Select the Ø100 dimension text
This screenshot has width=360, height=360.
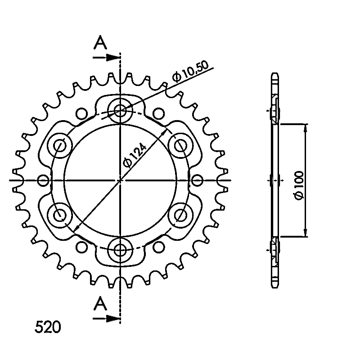point(299,185)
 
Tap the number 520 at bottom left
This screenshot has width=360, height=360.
point(48,327)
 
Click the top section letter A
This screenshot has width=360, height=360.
point(100,42)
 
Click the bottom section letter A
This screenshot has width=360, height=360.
point(100,303)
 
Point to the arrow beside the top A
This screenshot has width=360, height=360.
point(107,58)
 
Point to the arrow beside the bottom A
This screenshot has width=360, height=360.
point(107,319)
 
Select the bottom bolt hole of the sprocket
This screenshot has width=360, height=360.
point(120,250)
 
